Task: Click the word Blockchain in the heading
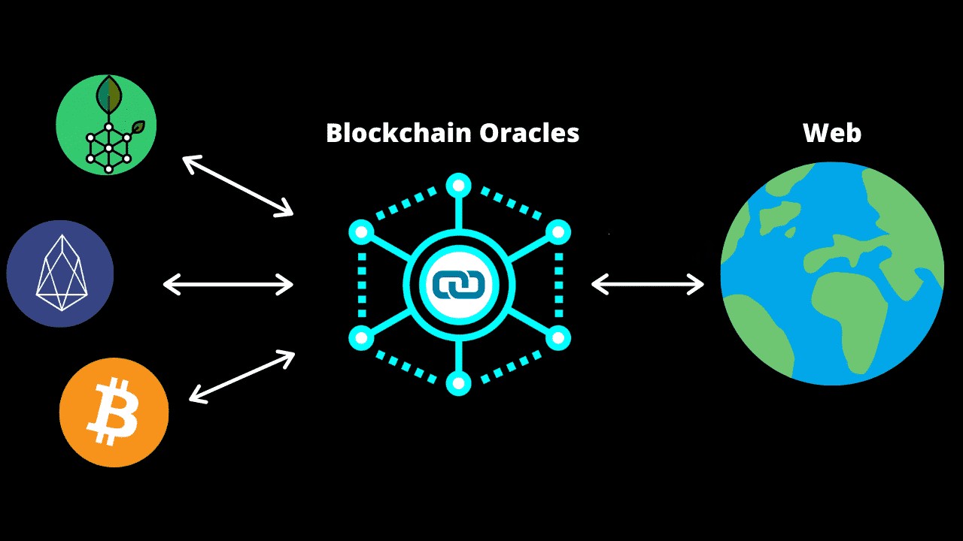[387, 133]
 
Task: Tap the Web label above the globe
[831, 133]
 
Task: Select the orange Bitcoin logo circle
[114, 413]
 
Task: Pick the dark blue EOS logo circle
[60, 274]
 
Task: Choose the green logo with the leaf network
[106, 125]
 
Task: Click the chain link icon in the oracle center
[458, 285]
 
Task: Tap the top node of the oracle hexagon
[458, 185]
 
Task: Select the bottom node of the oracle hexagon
[458, 383]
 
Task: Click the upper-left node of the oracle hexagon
[362, 232]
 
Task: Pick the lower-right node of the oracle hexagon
[557, 338]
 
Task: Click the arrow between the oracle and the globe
[648, 283]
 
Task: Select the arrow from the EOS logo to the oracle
[229, 283]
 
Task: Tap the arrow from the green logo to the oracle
[238, 186]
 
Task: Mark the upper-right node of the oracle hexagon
[557, 232]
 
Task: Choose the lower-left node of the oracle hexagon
[362, 338]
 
